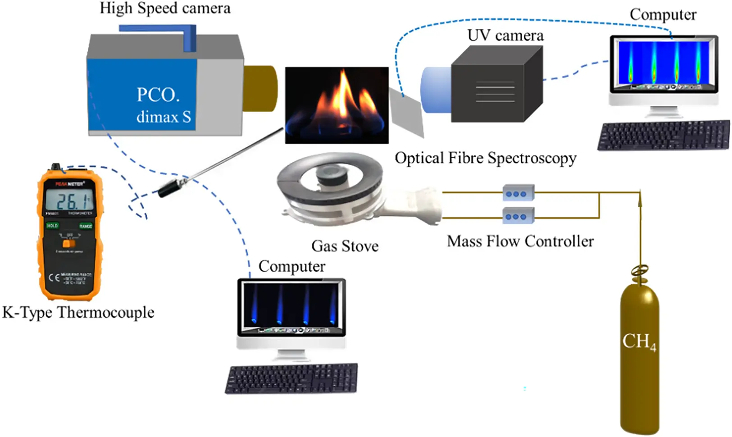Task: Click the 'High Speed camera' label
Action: [165, 9]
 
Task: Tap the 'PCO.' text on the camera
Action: [158, 95]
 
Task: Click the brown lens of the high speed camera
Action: [260, 88]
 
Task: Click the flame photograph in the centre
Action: [336, 105]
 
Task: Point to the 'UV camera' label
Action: [505, 36]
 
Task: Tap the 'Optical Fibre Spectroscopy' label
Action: [485, 158]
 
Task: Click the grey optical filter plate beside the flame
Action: [407, 112]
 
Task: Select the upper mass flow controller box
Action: [518, 193]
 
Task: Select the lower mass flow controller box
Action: [518, 216]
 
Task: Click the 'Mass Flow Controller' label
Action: [520, 241]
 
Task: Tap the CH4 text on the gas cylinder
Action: [639, 341]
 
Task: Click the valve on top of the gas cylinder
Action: [640, 272]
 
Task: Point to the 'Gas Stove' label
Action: [345, 246]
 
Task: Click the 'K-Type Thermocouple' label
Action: [78, 313]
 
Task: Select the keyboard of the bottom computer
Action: [291, 378]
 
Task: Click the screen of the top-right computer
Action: [663, 63]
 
